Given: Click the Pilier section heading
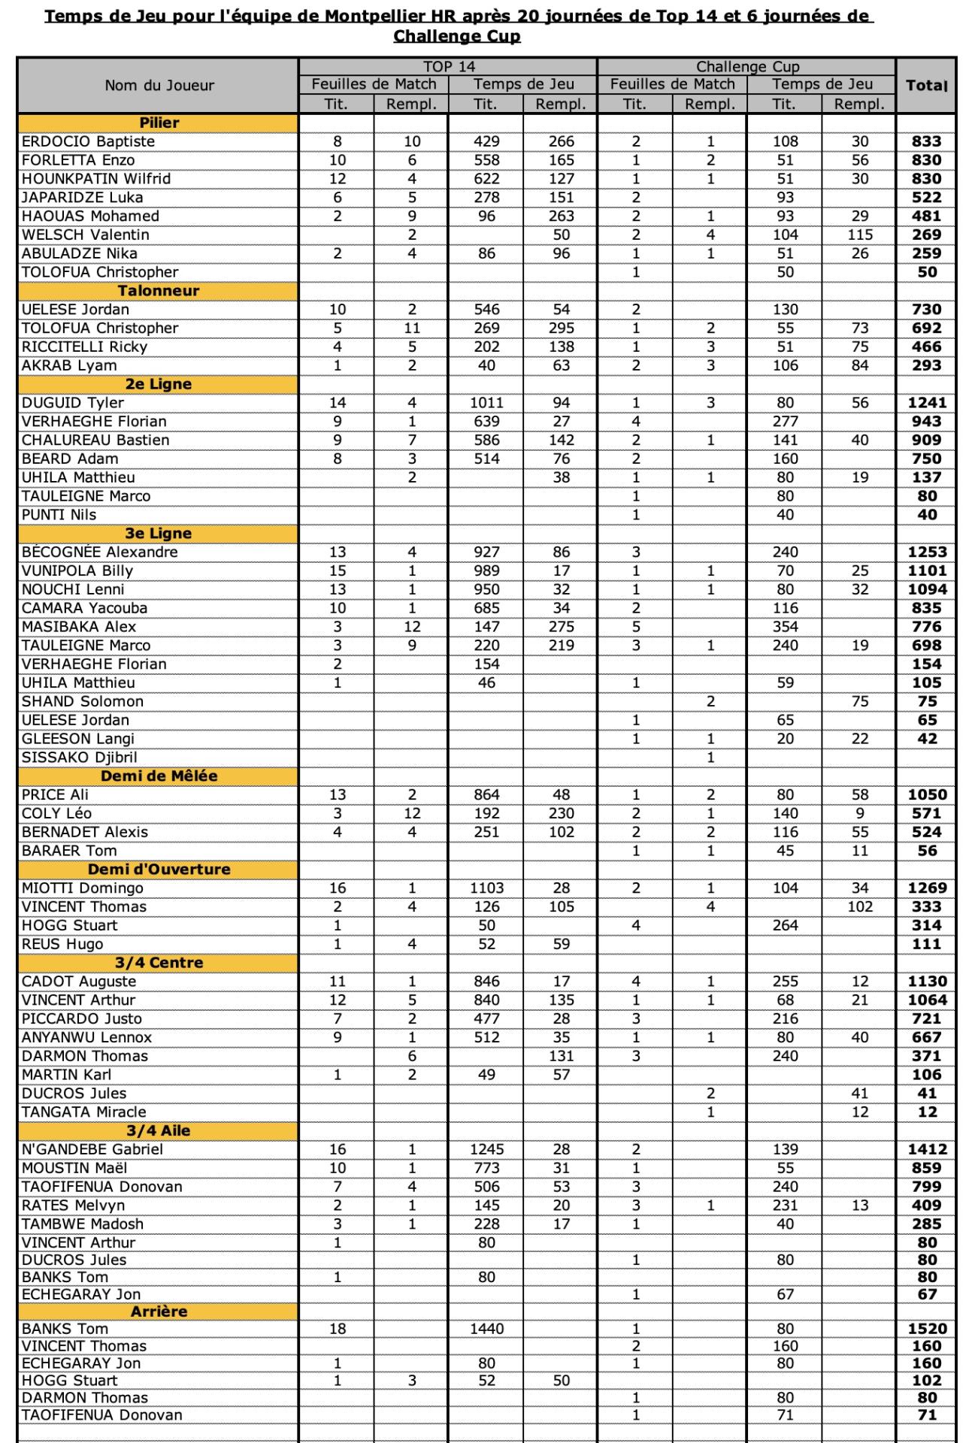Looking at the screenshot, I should tap(159, 123).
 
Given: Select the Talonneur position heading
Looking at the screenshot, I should tap(159, 291).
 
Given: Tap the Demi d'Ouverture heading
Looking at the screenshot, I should tap(159, 870).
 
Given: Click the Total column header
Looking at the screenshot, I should tap(926, 85).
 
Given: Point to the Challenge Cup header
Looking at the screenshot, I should tap(747, 67).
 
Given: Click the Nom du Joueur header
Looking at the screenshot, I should tap(159, 86).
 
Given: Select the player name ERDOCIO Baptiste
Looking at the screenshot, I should tap(88, 141).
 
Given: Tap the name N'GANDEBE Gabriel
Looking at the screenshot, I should tap(92, 1149).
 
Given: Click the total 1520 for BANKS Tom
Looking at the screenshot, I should tap(927, 1329).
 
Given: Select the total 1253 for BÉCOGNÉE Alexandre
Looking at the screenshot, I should tap(927, 552).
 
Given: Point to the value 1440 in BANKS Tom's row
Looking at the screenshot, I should tap(486, 1329).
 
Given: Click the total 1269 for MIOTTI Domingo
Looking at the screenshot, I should tap(927, 888).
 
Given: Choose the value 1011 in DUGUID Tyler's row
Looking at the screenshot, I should tap(486, 403).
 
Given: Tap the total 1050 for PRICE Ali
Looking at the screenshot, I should tap(927, 795).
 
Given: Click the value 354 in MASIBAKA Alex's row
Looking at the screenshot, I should tap(785, 627).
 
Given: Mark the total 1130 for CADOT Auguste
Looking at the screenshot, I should tap(927, 982).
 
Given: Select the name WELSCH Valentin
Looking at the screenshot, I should tap(85, 234).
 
